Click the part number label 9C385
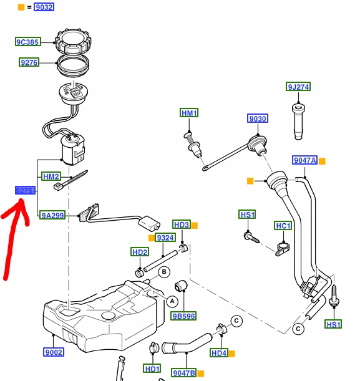[x=28, y=42]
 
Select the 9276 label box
[x=29, y=62]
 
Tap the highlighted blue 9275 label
[x=25, y=190]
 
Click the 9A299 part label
[x=52, y=215]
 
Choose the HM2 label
[x=51, y=176]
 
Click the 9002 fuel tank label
[x=54, y=352]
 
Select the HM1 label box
[x=189, y=113]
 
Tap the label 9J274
[x=298, y=87]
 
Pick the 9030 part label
[x=257, y=118]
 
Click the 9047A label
[x=305, y=160]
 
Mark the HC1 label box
[x=283, y=225]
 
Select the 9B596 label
[x=185, y=316]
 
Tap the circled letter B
[x=164, y=272]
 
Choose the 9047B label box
[x=184, y=372]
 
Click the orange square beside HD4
[x=231, y=354]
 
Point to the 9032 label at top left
[x=44, y=7]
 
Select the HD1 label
[x=152, y=369]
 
